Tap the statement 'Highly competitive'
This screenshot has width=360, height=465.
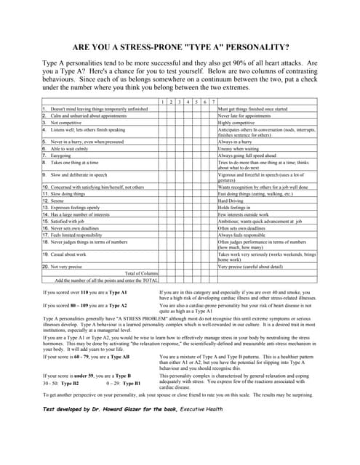click(x=241, y=122)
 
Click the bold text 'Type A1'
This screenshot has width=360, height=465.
click(x=116, y=291)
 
